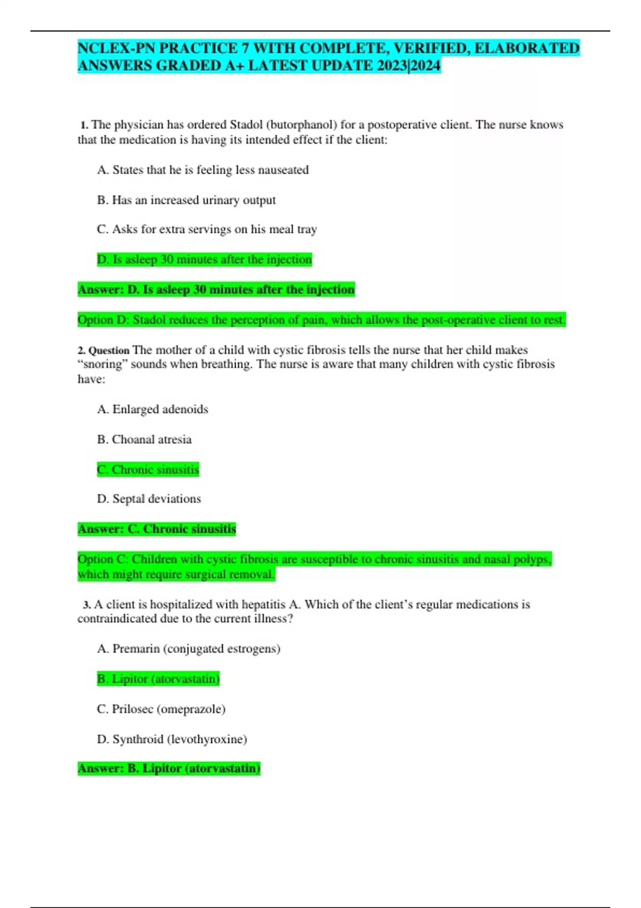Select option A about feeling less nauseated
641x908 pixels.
(x=203, y=170)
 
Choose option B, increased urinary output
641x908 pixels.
(x=186, y=200)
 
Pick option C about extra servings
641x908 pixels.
(x=207, y=229)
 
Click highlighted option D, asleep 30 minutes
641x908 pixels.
(x=205, y=260)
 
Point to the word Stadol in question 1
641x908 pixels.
(x=245, y=125)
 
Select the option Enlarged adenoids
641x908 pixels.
(x=153, y=409)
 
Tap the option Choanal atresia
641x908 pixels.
(x=144, y=440)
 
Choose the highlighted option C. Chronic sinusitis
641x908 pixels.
(x=148, y=469)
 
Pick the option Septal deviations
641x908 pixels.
(x=149, y=499)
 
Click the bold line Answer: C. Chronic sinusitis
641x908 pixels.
(x=157, y=529)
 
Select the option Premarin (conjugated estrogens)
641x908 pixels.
(x=189, y=649)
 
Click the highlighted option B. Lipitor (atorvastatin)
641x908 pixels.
(x=159, y=679)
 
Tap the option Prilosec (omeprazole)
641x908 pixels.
(x=161, y=709)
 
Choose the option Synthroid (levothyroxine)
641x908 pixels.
(x=172, y=739)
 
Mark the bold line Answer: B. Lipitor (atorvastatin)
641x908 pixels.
(x=169, y=769)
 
